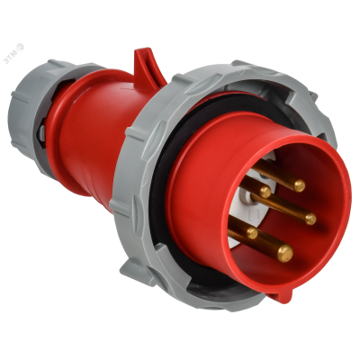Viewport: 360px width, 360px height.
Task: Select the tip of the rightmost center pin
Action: [310, 218]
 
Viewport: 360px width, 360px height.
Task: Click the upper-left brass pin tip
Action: [265, 191]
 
